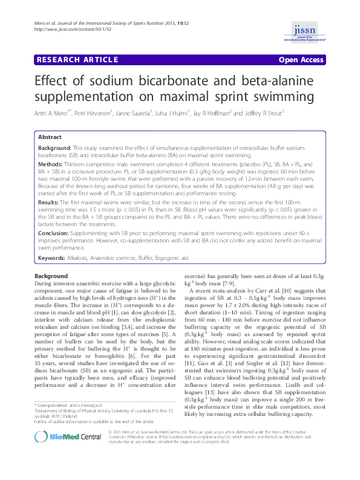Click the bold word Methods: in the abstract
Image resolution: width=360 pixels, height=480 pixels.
coord(51,164)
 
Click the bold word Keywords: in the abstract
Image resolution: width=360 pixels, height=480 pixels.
coord(53,258)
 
